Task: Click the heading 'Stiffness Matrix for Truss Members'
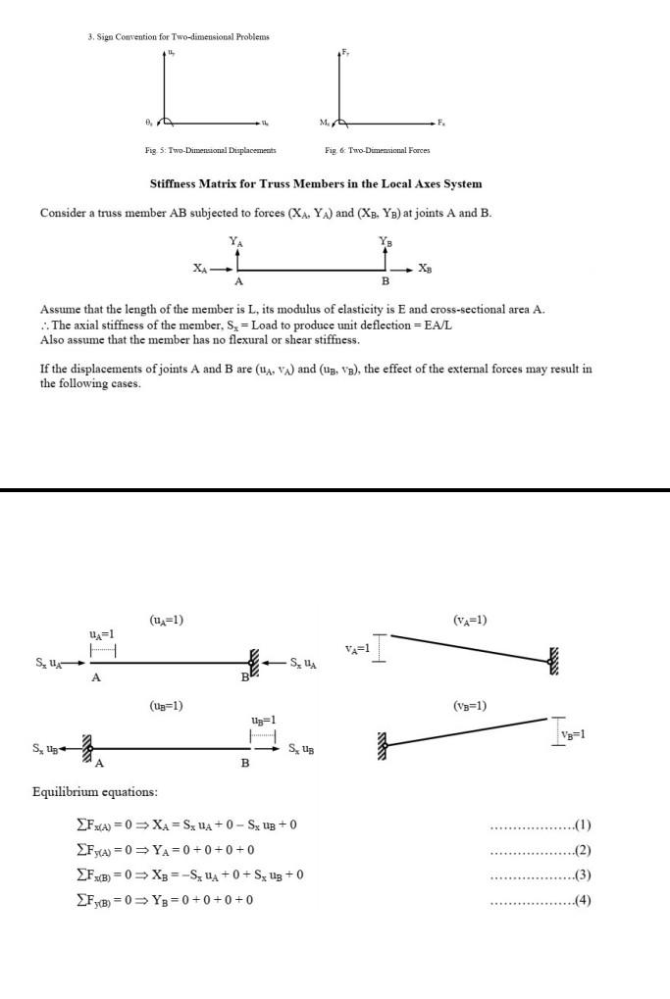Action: (315, 183)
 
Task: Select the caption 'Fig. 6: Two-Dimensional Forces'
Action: (376, 150)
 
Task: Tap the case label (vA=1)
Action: (470, 620)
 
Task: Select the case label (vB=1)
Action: (470, 705)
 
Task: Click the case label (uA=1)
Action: (166, 620)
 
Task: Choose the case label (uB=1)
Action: (166, 705)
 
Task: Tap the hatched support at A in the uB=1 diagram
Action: (86, 749)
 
